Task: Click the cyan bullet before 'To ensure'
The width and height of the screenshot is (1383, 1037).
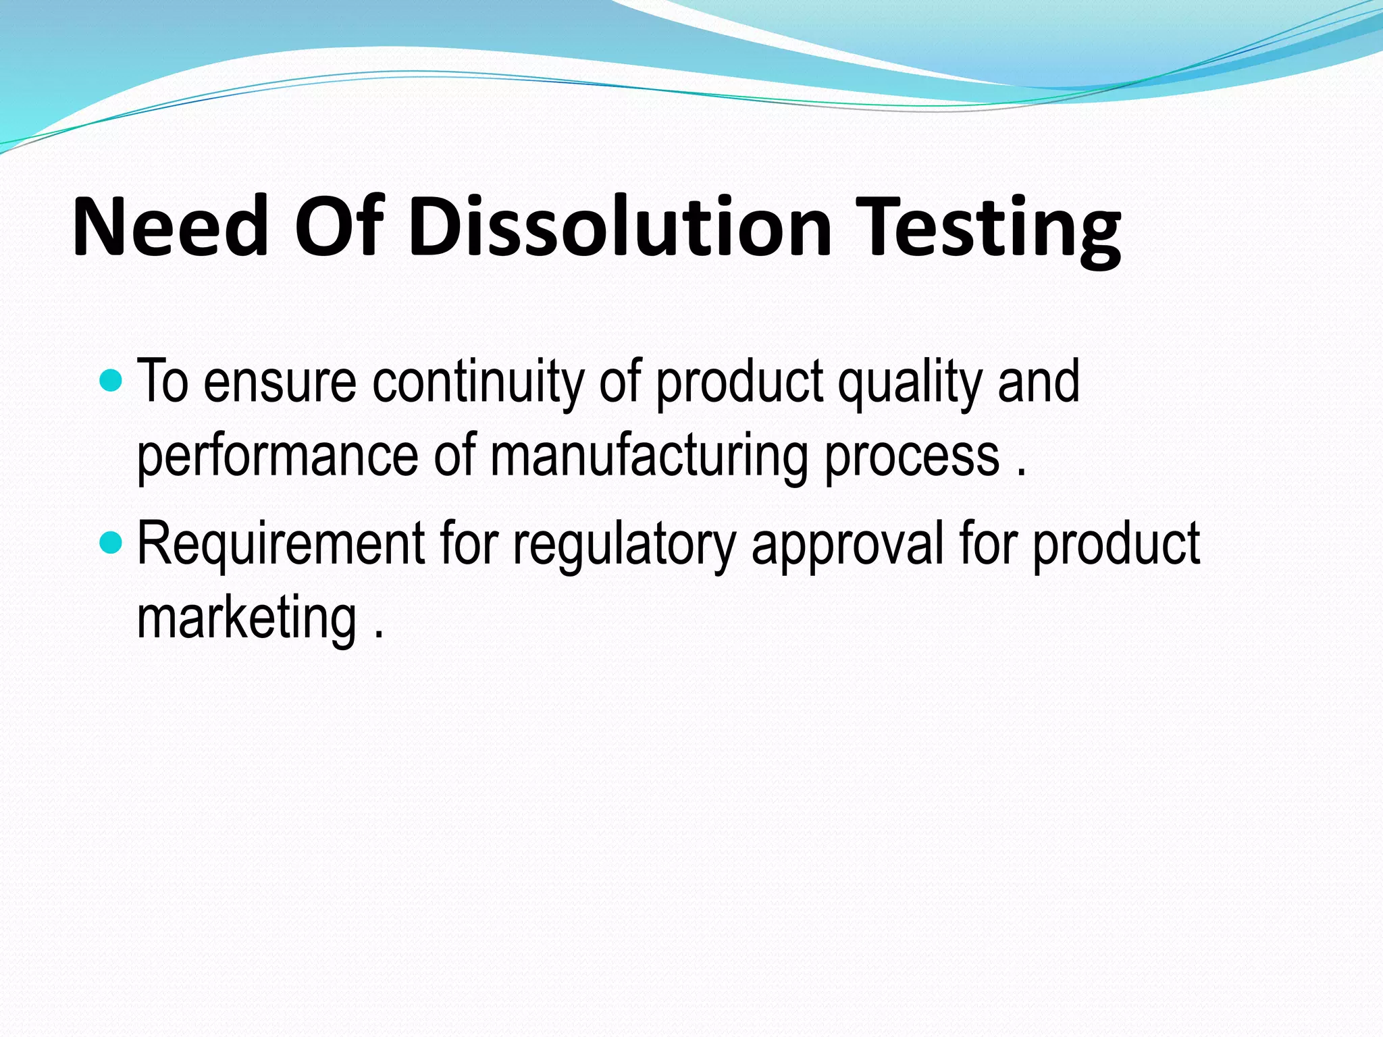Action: point(111,381)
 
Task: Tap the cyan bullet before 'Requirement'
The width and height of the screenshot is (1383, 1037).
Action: point(111,542)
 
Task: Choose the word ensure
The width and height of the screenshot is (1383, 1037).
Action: point(280,383)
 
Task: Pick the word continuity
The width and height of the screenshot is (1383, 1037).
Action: point(478,383)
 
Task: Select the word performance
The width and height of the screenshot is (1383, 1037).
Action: point(278,457)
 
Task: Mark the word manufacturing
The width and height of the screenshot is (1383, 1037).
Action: point(649,457)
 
